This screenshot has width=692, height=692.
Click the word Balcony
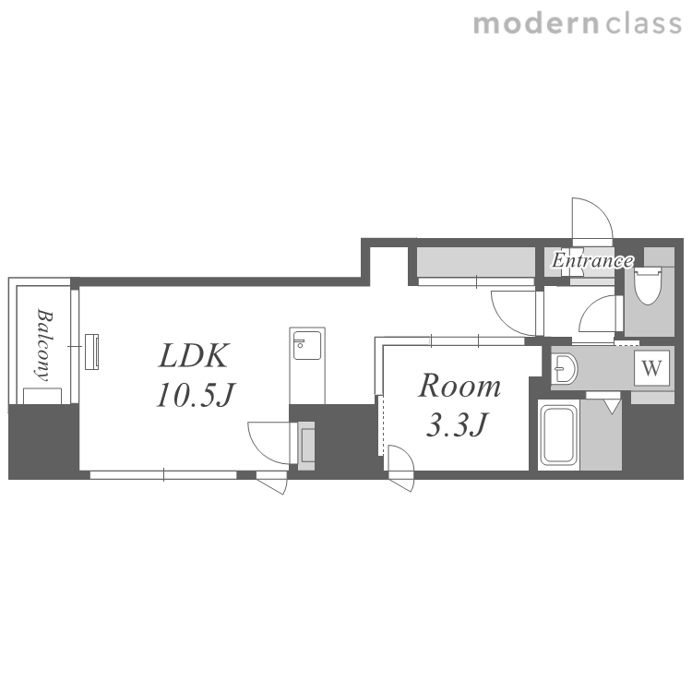[x=44, y=345]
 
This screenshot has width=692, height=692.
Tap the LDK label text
[x=194, y=356]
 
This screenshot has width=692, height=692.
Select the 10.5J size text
[x=196, y=395]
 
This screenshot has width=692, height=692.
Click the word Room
[x=459, y=387]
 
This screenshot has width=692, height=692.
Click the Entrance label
[x=592, y=260]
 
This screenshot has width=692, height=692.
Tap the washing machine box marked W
[x=651, y=367]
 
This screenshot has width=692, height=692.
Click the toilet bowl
[x=648, y=285]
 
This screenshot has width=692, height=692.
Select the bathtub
[x=559, y=435]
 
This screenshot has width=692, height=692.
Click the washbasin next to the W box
[x=565, y=368]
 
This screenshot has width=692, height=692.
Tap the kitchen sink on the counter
[x=307, y=345]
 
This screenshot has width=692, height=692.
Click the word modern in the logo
[x=536, y=23]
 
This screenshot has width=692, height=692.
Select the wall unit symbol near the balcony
[x=91, y=352]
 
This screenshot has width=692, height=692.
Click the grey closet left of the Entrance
[x=476, y=262]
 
